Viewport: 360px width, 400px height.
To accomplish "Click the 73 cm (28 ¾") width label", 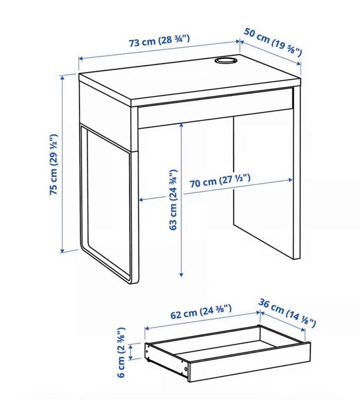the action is coord(159,40).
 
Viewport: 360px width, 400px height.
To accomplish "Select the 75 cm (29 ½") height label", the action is coord(54,164).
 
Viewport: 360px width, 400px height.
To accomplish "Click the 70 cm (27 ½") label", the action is coord(220,181).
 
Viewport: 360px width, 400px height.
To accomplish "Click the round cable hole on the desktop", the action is coord(226,61).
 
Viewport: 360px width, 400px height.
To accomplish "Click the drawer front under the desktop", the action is coord(215,107).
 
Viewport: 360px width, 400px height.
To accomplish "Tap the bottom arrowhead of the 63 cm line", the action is coord(181,275).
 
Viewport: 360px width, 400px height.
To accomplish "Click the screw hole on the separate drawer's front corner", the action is coord(186,369).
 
